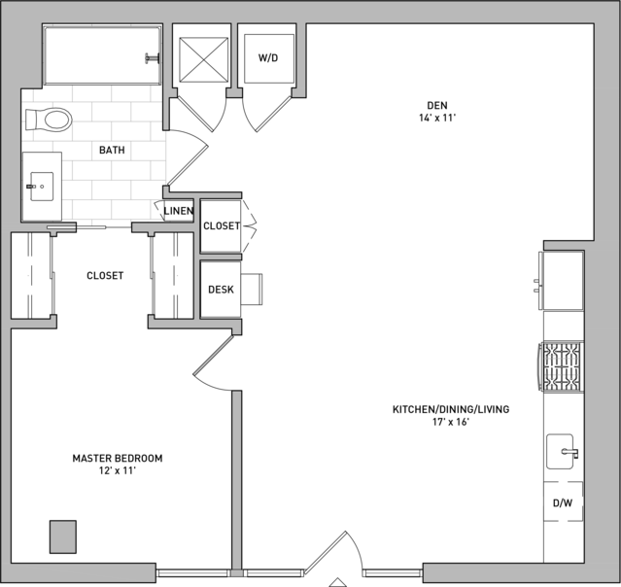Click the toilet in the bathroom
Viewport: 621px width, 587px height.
pyautogui.click(x=49, y=120)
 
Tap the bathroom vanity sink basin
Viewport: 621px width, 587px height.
pyautogui.click(x=42, y=187)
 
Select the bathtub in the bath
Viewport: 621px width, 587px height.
pyautogui.click(x=103, y=55)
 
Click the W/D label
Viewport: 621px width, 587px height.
pyautogui.click(x=268, y=58)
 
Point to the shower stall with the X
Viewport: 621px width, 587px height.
pyautogui.click(x=203, y=59)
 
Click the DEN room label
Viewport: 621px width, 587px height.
pyautogui.click(x=437, y=105)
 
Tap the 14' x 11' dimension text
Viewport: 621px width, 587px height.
pyautogui.click(x=437, y=118)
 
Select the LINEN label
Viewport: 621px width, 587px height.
pyautogui.click(x=179, y=211)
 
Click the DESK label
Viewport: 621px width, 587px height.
pyautogui.click(x=221, y=290)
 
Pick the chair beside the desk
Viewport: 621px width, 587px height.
pyautogui.click(x=251, y=289)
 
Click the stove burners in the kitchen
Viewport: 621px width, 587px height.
pyautogui.click(x=563, y=367)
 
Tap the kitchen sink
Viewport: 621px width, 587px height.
pyautogui.click(x=561, y=452)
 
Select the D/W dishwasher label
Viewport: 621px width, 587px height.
pyautogui.click(x=563, y=503)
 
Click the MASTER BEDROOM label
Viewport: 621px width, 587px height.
pyautogui.click(x=118, y=459)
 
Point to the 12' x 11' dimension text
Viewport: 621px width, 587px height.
pyautogui.click(x=118, y=470)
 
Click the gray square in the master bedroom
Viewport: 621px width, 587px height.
pyautogui.click(x=63, y=536)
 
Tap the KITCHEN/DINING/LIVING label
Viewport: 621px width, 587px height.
pyautogui.click(x=451, y=409)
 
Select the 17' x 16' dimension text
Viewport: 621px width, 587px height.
pyautogui.click(x=451, y=422)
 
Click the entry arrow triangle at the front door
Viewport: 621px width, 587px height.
pyautogui.click(x=337, y=582)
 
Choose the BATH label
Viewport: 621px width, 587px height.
pyautogui.click(x=112, y=150)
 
